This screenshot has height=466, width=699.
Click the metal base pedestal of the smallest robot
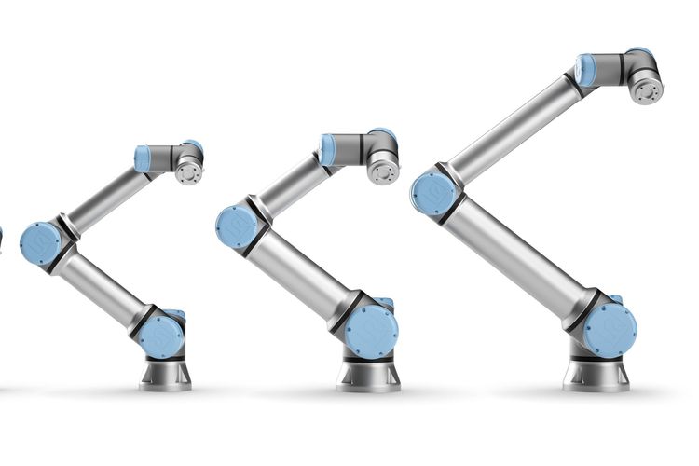166,374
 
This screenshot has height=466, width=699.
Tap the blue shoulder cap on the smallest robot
162,336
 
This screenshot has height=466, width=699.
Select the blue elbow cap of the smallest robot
40,243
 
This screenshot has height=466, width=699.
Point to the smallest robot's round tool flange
189,172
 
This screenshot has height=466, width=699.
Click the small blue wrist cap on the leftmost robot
143,159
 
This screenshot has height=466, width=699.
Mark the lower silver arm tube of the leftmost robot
103,290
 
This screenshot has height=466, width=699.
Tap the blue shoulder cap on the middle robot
371,330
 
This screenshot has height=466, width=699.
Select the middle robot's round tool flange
382,170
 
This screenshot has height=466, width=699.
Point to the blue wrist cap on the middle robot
328,149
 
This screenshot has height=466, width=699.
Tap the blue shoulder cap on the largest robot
610,328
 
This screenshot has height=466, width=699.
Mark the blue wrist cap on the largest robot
586,69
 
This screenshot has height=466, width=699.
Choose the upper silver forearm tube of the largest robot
509,131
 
